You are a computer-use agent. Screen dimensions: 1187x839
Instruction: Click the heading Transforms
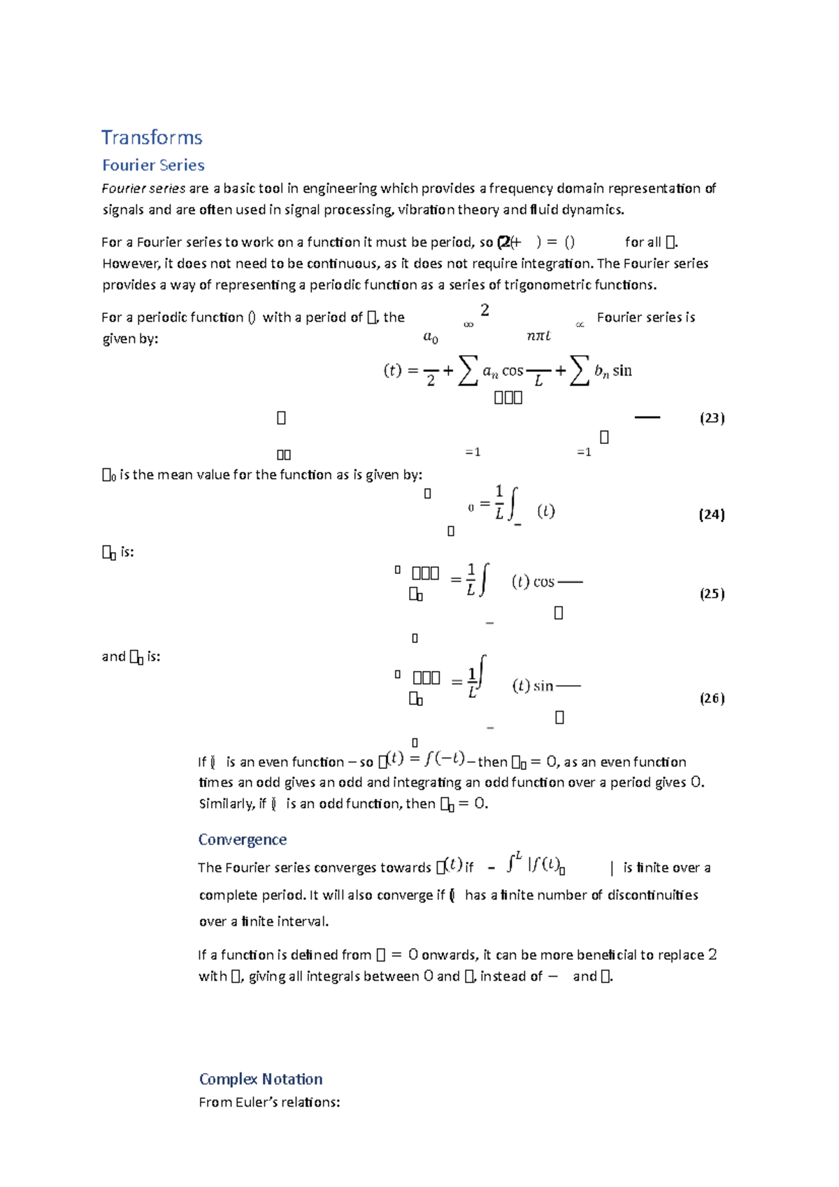pyautogui.click(x=152, y=137)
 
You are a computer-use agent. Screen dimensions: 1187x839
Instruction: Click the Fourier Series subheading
pyautogui.click(x=153, y=166)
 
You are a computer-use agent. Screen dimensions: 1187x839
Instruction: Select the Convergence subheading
pyautogui.click(x=242, y=840)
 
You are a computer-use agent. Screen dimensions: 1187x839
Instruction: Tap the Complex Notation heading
pyautogui.click(x=260, y=1079)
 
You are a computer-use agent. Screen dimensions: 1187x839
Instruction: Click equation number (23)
pyautogui.click(x=712, y=418)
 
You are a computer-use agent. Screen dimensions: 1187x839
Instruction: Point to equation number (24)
pyautogui.click(x=712, y=515)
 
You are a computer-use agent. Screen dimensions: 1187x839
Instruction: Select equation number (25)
pyautogui.click(x=712, y=593)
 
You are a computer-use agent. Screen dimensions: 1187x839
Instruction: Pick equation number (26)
pyautogui.click(x=712, y=698)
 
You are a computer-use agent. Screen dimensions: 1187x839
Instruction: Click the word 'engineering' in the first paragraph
pyautogui.click(x=339, y=189)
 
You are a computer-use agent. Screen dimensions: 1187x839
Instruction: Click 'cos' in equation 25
pyautogui.click(x=543, y=582)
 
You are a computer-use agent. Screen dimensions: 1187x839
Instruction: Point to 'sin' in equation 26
pyautogui.click(x=543, y=686)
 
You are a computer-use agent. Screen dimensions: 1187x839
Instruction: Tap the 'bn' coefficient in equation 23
pyautogui.click(x=601, y=372)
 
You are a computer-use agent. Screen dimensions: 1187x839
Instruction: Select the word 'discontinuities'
pyautogui.click(x=652, y=895)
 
